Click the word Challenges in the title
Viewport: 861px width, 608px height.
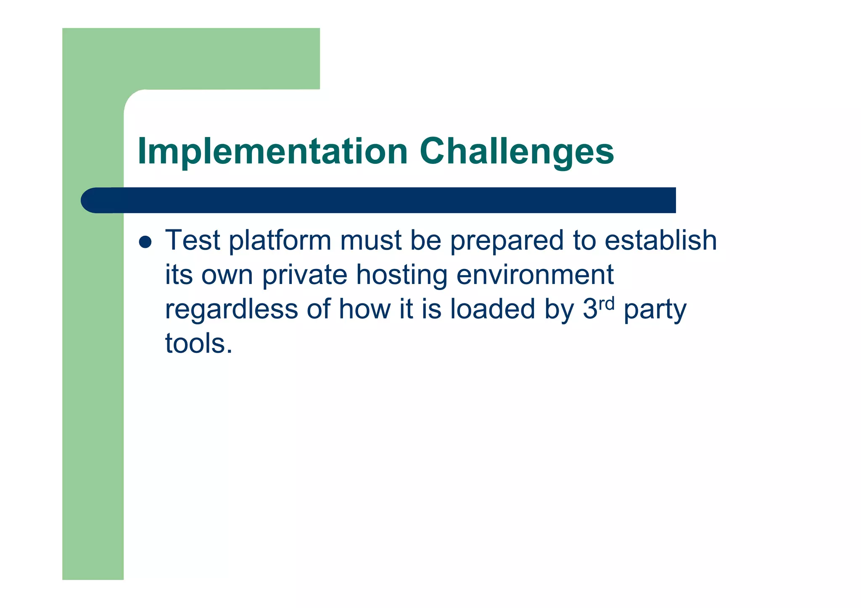(x=516, y=152)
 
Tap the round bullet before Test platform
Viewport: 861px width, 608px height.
(x=145, y=242)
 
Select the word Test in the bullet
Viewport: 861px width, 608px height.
(x=193, y=240)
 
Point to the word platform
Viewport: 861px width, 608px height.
(x=280, y=241)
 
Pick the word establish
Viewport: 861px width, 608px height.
(x=660, y=240)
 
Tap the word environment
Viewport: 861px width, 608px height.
(x=535, y=275)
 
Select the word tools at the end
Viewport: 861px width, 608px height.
(x=198, y=343)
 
